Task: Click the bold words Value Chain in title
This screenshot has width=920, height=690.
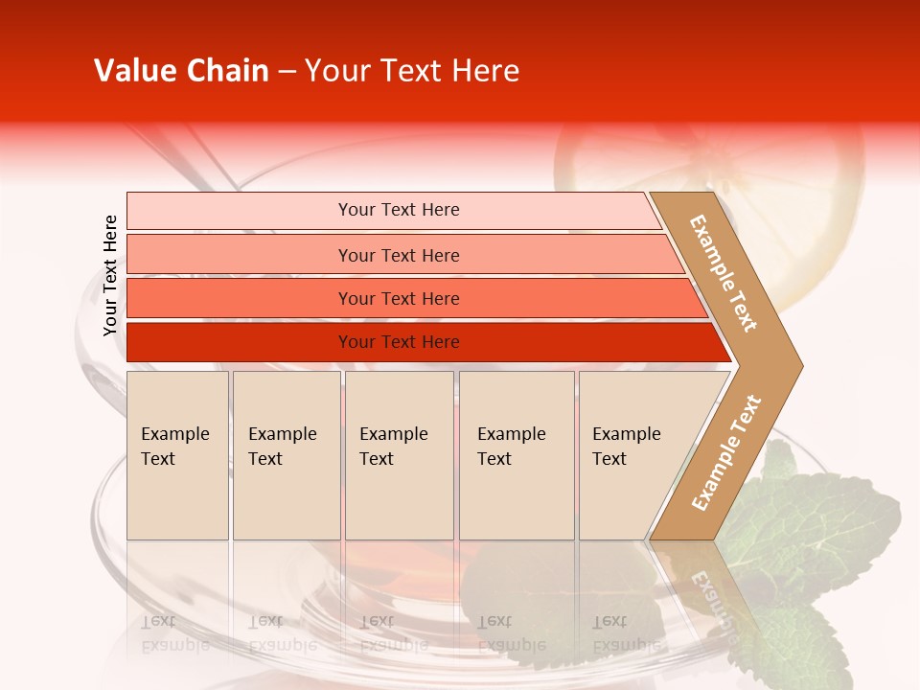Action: (181, 71)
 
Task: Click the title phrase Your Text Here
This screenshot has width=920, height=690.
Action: (412, 71)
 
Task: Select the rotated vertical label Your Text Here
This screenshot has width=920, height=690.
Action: (110, 275)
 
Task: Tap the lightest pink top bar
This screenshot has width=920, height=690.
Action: (240, 211)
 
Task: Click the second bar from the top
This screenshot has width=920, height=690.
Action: (240, 255)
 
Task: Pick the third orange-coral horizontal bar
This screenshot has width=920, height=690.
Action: (240, 298)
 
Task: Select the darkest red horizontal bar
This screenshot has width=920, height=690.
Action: (240, 342)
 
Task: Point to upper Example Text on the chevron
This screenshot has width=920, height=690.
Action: (724, 273)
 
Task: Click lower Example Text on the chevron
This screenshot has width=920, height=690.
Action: (726, 452)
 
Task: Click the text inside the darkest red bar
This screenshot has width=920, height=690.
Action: (399, 342)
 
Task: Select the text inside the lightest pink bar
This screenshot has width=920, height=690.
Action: (399, 210)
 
